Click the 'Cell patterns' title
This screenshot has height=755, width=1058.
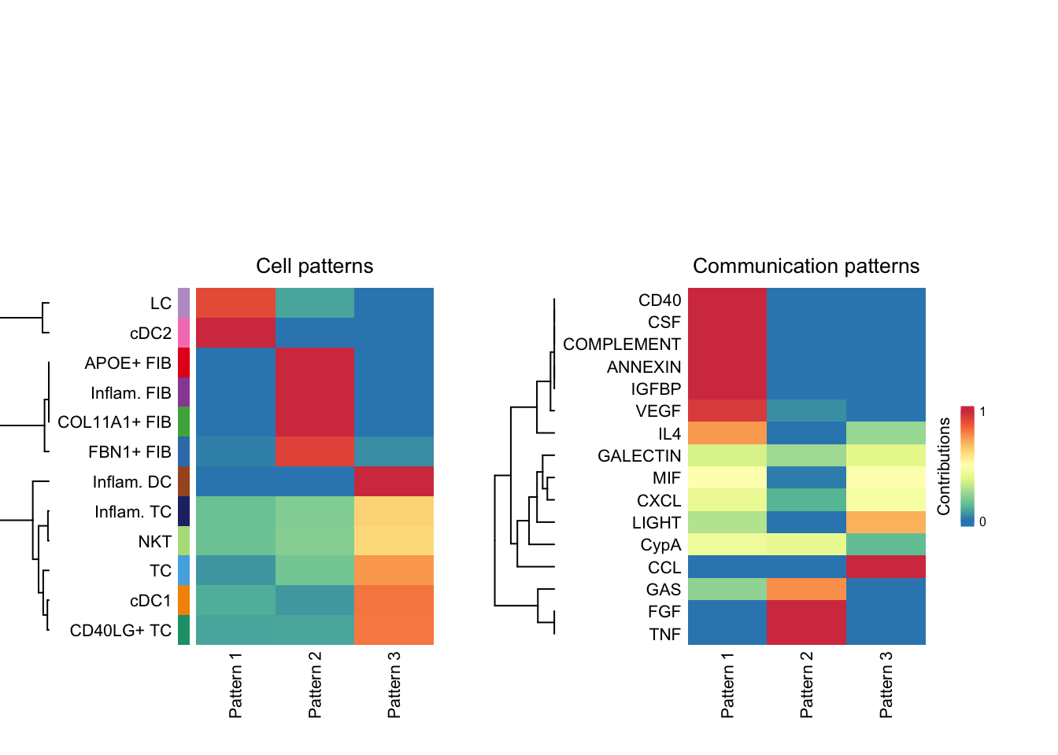click(x=314, y=266)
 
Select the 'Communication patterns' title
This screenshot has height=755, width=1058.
click(x=805, y=266)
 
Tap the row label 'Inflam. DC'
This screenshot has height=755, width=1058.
click(x=131, y=482)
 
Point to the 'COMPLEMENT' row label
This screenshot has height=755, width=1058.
click(x=621, y=344)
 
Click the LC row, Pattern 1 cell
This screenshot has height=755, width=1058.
click(x=235, y=303)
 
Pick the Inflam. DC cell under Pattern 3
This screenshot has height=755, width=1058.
click(x=394, y=481)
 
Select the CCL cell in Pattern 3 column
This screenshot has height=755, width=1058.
click(x=886, y=567)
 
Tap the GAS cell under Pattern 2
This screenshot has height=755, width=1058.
click(x=806, y=589)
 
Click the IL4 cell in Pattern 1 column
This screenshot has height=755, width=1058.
click(x=727, y=433)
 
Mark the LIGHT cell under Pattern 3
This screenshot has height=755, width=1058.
click(x=886, y=522)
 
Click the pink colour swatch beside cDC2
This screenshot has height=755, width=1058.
click(x=183, y=333)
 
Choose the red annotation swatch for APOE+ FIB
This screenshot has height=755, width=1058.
click(x=183, y=363)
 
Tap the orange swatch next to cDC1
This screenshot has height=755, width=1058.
click(x=183, y=600)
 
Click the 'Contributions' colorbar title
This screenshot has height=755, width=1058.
click(x=944, y=466)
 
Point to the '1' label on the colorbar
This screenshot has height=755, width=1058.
click(x=982, y=411)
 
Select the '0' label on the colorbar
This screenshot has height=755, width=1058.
click(x=982, y=521)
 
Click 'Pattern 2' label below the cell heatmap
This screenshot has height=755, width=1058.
click(x=315, y=684)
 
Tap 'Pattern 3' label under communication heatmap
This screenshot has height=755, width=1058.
click(x=886, y=684)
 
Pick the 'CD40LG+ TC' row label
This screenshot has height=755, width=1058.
click(x=120, y=630)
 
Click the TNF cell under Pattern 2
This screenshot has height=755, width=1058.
click(x=806, y=634)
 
